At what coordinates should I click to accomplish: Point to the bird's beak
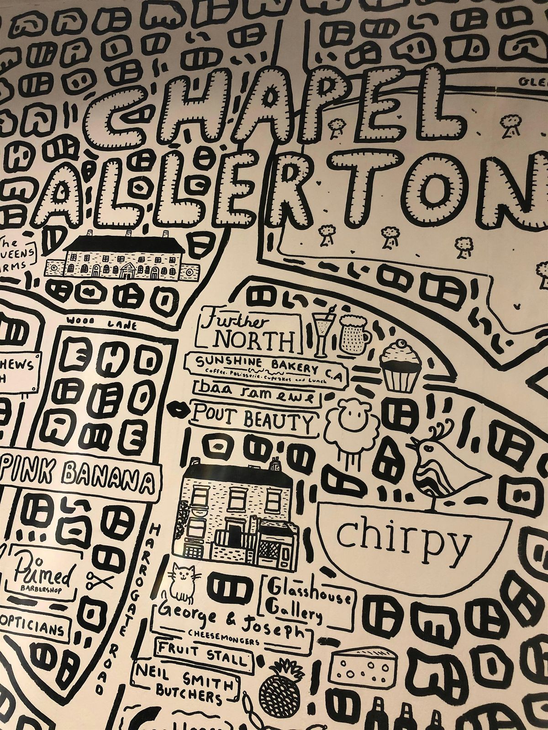pyautogui.click(x=413, y=441)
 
